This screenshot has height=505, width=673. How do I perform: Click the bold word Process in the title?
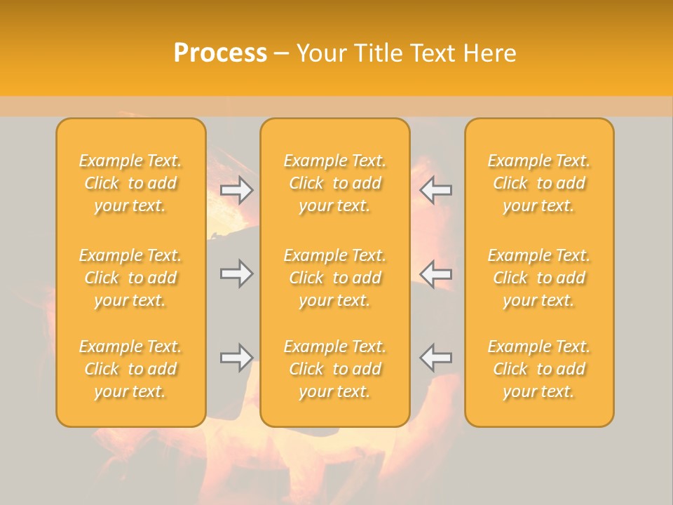pyautogui.click(x=220, y=53)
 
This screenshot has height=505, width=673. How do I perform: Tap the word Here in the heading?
pyautogui.click(x=490, y=53)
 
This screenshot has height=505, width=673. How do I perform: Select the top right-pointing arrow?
pyautogui.click(x=236, y=190)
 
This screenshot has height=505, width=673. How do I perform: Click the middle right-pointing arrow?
pyautogui.click(x=236, y=274)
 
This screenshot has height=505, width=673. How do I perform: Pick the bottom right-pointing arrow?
pyautogui.click(x=236, y=358)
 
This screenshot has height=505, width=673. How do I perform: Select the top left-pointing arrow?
pyautogui.click(x=436, y=190)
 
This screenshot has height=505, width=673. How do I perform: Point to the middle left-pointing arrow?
pyautogui.click(x=436, y=274)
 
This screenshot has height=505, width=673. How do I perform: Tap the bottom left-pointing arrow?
pyautogui.click(x=436, y=358)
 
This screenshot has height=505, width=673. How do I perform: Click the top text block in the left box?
pyautogui.click(x=130, y=183)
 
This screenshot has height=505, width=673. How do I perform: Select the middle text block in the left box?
pyautogui.click(x=130, y=278)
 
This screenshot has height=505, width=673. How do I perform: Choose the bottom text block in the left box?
pyautogui.click(x=130, y=369)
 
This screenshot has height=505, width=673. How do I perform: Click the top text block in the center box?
pyautogui.click(x=335, y=183)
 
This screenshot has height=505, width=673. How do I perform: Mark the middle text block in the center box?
pyautogui.click(x=335, y=278)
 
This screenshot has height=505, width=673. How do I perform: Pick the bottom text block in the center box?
pyautogui.click(x=335, y=369)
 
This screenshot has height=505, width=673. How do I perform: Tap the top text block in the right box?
pyautogui.click(x=539, y=183)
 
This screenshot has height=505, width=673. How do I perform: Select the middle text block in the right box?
pyautogui.click(x=539, y=278)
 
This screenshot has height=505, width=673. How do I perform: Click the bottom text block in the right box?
pyautogui.click(x=539, y=369)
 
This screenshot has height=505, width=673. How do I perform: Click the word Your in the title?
pyautogui.click(x=320, y=53)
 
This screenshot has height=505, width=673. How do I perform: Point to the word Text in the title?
pyautogui.click(x=433, y=53)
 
